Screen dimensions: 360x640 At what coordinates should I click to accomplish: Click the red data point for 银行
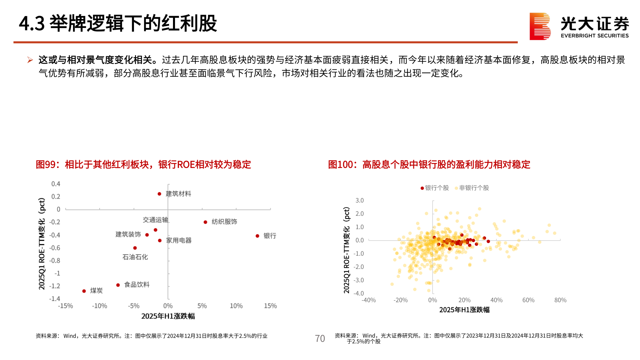pyautogui.click(x=257, y=236)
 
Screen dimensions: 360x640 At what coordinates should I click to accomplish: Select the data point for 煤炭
pyautogui.click(x=84, y=291)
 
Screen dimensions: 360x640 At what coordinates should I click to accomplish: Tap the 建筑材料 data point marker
pyautogui.click(x=159, y=194)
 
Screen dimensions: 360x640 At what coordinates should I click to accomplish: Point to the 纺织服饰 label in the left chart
pyautogui.click(x=224, y=222)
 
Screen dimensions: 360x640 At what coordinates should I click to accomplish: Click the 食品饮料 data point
pyautogui.click(x=118, y=285)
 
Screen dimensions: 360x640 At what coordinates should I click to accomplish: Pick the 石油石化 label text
pyautogui.click(x=135, y=257)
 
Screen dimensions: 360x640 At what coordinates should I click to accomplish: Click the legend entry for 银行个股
pyautogui.click(x=435, y=188)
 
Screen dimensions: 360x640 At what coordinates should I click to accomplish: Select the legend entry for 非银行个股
pyautogui.click(x=472, y=188)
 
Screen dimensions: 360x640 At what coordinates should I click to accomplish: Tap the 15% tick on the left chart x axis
pyautogui.click(x=270, y=306)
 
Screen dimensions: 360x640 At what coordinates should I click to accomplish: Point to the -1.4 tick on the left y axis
pyautogui.click(x=55, y=299)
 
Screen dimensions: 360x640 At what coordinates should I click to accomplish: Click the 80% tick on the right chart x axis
pyautogui.click(x=560, y=300)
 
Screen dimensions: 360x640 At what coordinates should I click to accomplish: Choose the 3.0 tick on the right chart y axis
pyautogui.click(x=359, y=200)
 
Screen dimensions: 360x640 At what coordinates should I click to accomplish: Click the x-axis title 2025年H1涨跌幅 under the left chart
pyautogui.click(x=168, y=316)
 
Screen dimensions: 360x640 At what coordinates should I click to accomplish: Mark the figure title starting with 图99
pyautogui.click(x=143, y=164)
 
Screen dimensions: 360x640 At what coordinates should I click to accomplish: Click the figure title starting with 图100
pyautogui.click(x=429, y=164)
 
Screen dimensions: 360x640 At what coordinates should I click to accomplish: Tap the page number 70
pyautogui.click(x=320, y=339)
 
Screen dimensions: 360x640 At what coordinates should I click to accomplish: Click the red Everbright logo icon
pyautogui.click(x=540, y=26)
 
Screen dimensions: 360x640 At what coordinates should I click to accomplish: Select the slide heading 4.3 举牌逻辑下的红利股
pyautogui.click(x=118, y=24)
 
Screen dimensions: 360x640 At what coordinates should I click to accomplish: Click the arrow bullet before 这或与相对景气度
pyautogui.click(x=30, y=60)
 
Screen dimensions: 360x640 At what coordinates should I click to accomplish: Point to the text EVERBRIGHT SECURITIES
pyautogui.click(x=595, y=36)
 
